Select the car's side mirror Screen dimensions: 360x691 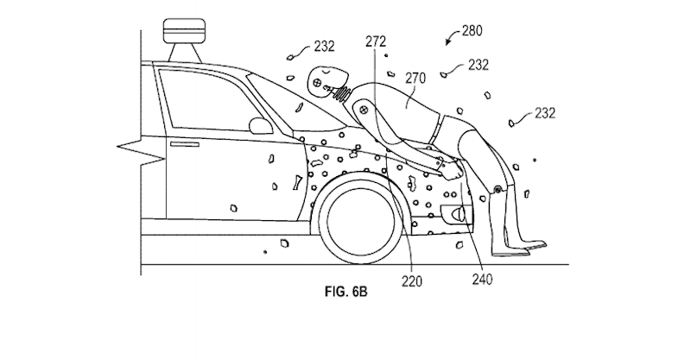tap(257, 125)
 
